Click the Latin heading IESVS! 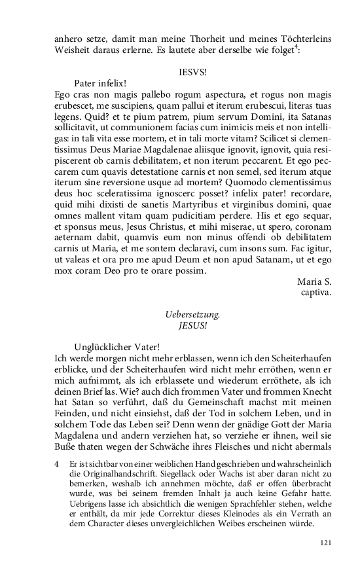tap(192, 72)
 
